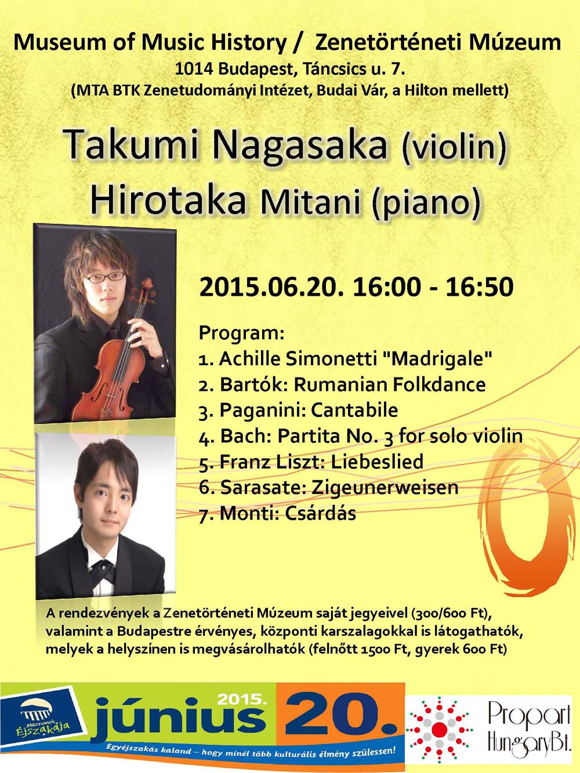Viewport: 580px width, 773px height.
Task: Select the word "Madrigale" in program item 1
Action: [437, 359]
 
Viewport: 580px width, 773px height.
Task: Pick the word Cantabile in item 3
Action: [354, 410]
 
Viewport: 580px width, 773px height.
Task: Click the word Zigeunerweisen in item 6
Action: [385, 488]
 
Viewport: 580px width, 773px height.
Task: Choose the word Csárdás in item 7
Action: [320, 513]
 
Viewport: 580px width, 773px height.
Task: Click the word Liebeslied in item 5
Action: [377, 462]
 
